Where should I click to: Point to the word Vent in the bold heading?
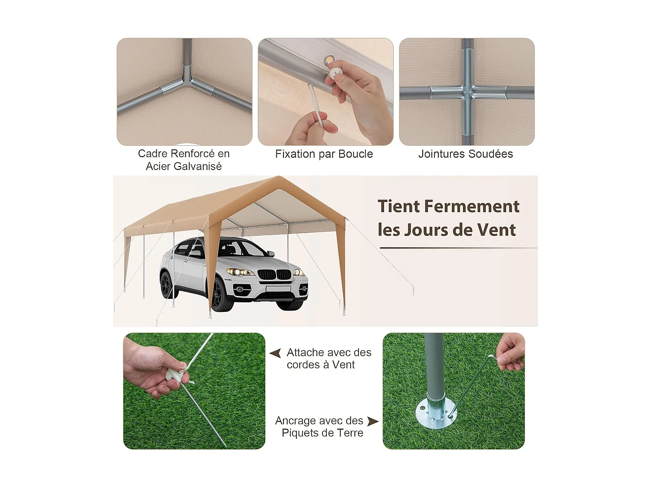coord(496,230)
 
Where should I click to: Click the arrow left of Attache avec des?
coord(275,353)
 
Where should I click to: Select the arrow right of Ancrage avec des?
coord(372,421)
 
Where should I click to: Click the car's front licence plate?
coord(278,289)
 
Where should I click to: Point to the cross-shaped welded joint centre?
coord(467,92)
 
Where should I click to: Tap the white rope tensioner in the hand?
coord(175,374)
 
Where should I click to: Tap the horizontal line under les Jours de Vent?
coord(458,248)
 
